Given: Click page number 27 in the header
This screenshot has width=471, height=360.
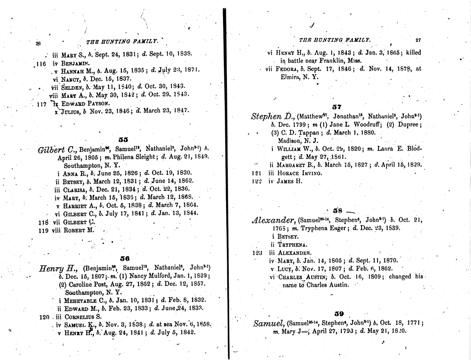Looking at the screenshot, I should (x=418, y=40).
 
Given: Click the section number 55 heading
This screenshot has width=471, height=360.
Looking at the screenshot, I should (x=123, y=139).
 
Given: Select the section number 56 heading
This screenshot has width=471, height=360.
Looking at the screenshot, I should (x=125, y=258).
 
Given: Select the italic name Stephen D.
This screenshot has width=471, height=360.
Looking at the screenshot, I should (x=272, y=116).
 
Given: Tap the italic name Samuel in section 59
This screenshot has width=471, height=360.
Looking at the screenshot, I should (x=269, y=323).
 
